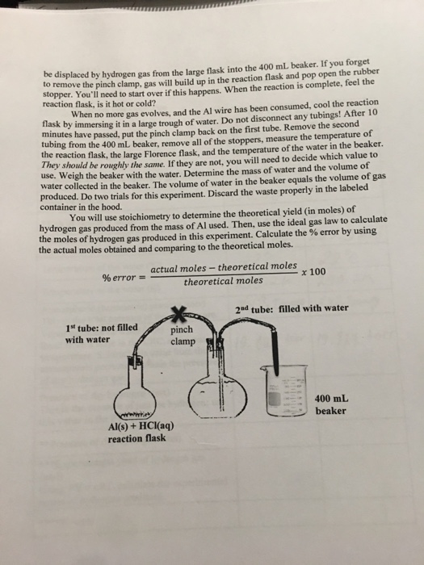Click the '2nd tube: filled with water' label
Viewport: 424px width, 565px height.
pyautogui.click(x=291, y=308)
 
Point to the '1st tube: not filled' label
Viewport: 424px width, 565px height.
pyautogui.click(x=102, y=327)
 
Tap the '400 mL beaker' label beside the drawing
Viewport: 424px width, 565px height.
pyautogui.click(x=331, y=404)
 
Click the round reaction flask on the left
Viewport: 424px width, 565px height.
pyautogui.click(x=138, y=395)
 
